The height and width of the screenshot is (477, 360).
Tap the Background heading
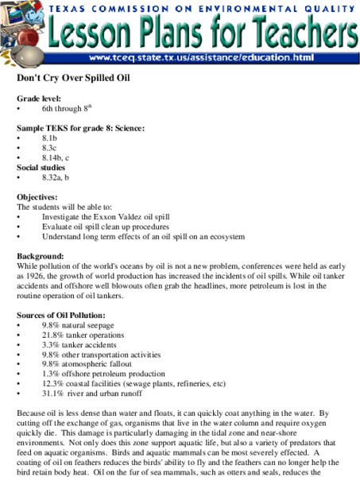[41, 257]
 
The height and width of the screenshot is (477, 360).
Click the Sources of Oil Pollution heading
[60, 316]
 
